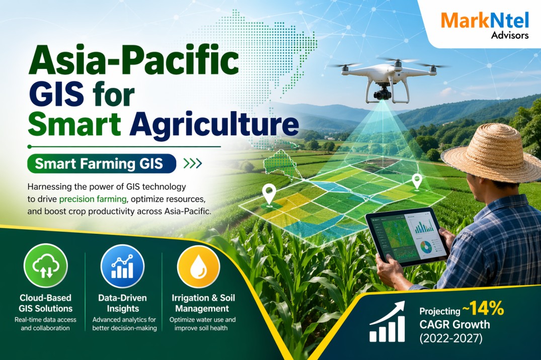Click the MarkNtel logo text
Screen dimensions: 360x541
484,21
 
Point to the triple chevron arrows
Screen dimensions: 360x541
192,163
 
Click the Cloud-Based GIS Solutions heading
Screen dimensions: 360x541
46,303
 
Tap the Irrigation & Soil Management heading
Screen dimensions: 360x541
200,303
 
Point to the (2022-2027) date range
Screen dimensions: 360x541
451,338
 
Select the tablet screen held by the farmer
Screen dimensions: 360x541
408,236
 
